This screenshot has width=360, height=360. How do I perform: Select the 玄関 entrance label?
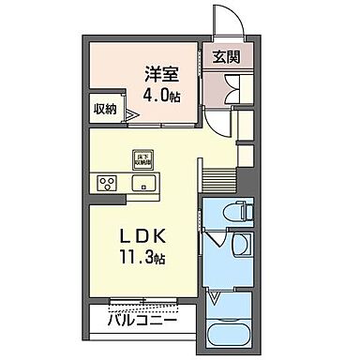pos(224,56)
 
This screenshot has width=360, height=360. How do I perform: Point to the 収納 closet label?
pos(104,108)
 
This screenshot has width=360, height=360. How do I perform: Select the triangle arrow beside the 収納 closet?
pos(132,114)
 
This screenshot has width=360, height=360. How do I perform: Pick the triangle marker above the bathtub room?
pos(215,299)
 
